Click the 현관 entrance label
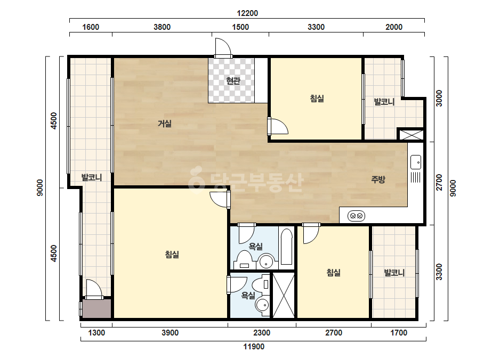(233, 81)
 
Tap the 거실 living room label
(164, 124)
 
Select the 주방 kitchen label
(378, 179)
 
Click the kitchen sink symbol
(416, 162)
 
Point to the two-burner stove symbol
(356, 216)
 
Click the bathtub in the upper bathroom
(286, 247)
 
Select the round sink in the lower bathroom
(262, 304)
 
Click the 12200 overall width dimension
(247, 13)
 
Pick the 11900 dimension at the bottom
(254, 347)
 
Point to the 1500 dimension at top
(240, 27)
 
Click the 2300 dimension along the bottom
(262, 332)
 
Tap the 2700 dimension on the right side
(439, 182)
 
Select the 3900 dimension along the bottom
(170, 332)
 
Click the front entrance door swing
(223, 48)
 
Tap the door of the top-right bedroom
(278, 126)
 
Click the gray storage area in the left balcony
(96, 308)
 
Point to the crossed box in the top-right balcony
(411, 135)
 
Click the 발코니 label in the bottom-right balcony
(394, 273)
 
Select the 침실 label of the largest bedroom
(172, 255)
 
